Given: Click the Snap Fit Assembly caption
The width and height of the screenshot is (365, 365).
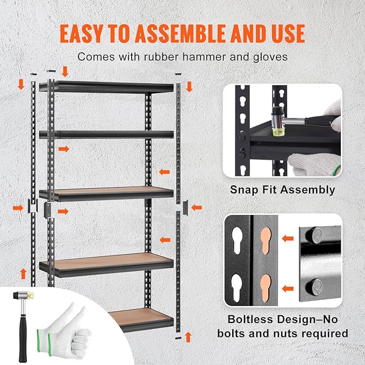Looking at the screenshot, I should [x=282, y=190].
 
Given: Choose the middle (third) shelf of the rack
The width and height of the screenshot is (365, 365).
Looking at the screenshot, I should [x=106, y=191].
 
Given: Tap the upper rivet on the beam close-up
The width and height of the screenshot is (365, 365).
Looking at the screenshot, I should [x=317, y=235].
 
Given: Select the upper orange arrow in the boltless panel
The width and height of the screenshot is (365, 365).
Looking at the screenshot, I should [x=288, y=237].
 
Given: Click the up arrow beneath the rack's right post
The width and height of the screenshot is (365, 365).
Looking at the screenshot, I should [x=188, y=337].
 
